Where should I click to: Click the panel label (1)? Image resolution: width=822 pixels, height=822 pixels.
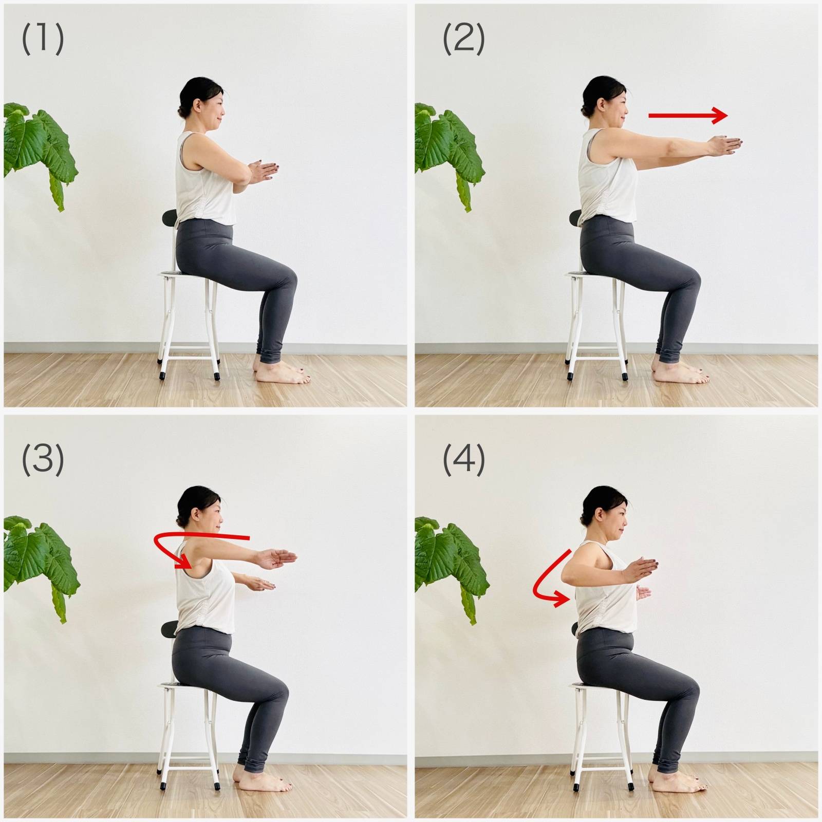pyautogui.click(x=43, y=40)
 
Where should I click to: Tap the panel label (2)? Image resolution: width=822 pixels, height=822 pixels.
pyautogui.click(x=463, y=40)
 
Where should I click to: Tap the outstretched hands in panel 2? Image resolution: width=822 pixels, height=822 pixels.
pyautogui.click(x=722, y=145)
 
